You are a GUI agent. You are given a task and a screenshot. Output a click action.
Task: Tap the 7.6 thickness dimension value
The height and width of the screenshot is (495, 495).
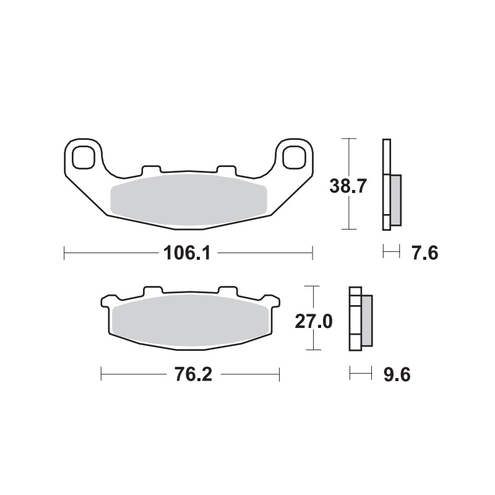pos(424,252)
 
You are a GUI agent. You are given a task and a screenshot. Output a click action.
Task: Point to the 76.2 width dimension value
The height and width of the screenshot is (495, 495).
pos(190,375)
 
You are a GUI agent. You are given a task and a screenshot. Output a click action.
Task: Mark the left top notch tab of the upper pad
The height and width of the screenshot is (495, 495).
pos(151,169)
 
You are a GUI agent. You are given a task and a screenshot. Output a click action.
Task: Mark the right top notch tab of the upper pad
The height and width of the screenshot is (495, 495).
pos(226,169)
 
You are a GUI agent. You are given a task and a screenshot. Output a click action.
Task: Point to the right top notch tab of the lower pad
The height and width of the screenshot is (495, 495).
pos(228,290)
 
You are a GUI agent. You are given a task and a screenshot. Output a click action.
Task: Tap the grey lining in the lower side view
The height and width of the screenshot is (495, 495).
pos(366,319)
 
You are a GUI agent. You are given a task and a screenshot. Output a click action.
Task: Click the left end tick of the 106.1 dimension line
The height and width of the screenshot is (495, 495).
pos(65,252)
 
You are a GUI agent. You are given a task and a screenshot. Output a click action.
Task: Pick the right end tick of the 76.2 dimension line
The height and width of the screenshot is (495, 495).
pos(280,374)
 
